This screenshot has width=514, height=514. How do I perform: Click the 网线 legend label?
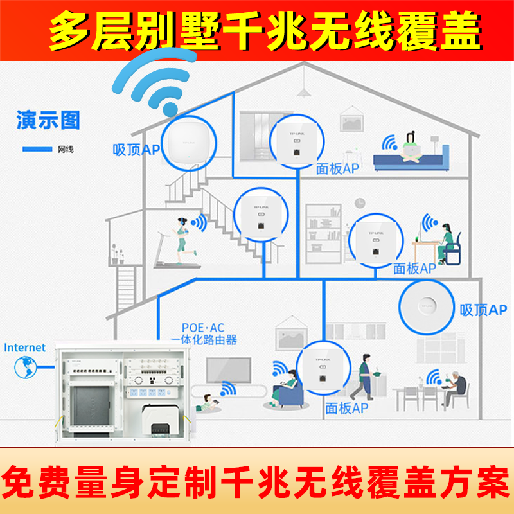pyautogui.click(x=66, y=150)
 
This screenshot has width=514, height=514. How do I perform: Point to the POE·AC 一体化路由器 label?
pyautogui.click(x=203, y=334)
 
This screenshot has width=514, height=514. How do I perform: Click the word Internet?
pyautogui.click(x=25, y=348)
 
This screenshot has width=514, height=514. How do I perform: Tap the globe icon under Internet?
pyautogui.click(x=24, y=368)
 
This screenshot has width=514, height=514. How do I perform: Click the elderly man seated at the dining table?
pyautogui.click(x=457, y=385)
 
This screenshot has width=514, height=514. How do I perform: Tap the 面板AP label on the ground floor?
pyautogui.click(x=346, y=408)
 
